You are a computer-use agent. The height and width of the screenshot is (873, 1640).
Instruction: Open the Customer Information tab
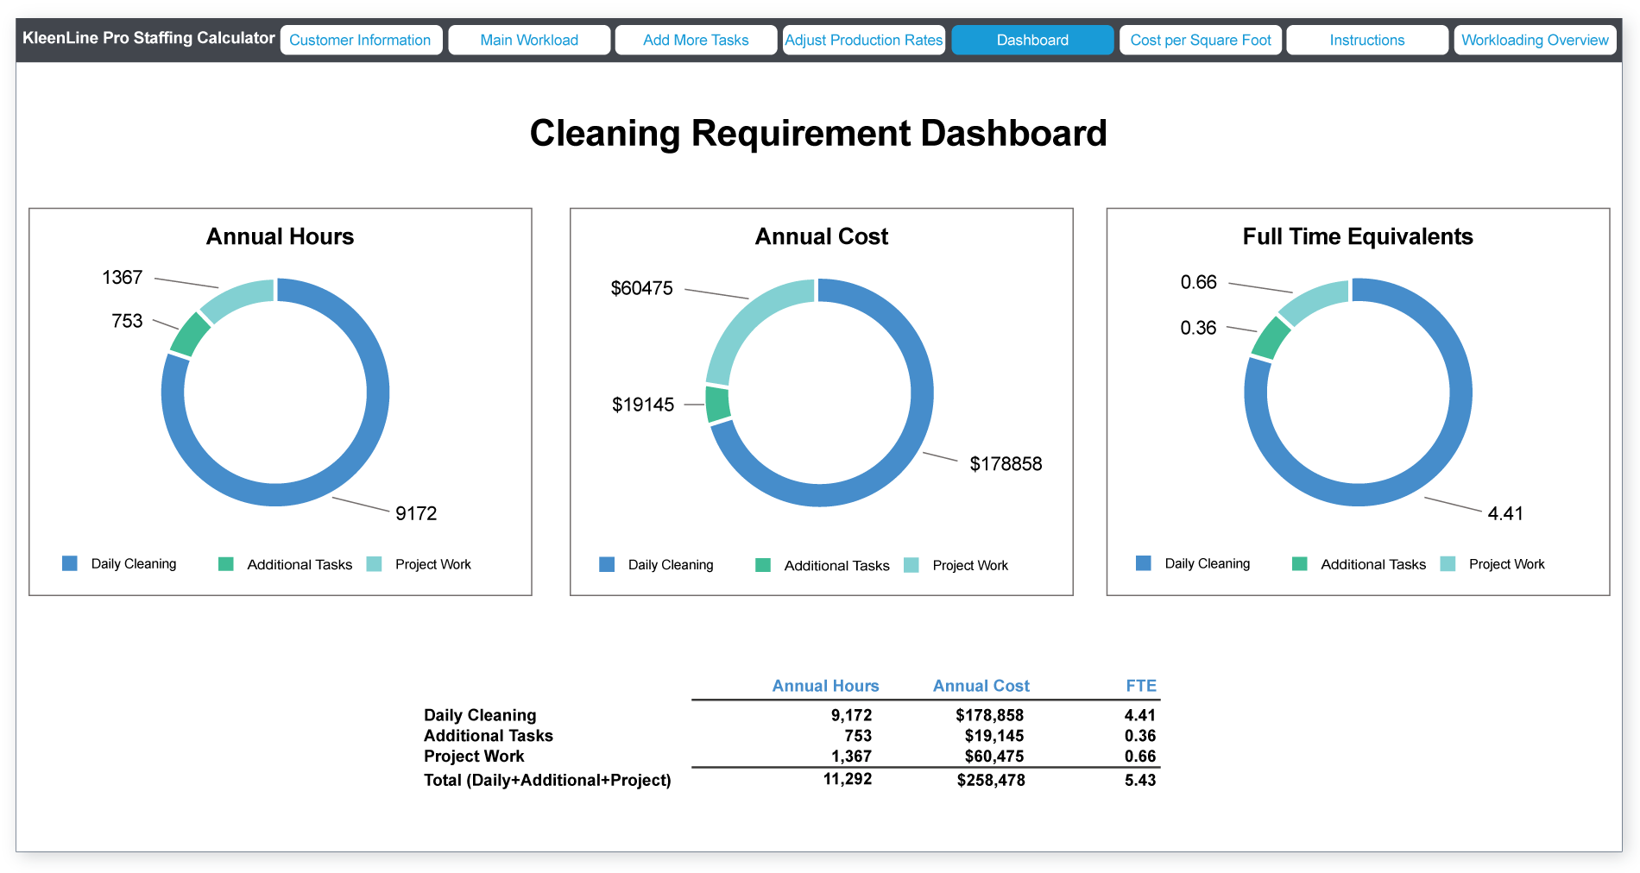tap(361, 40)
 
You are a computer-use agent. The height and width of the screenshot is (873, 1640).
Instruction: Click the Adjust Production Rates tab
tap(863, 40)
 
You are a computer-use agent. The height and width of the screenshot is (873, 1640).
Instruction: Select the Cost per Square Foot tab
tap(1200, 40)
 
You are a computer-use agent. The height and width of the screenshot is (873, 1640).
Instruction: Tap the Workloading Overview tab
tap(1534, 40)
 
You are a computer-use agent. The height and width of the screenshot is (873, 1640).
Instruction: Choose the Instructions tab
tap(1366, 40)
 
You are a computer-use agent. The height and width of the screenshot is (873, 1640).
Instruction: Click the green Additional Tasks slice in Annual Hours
tap(190, 335)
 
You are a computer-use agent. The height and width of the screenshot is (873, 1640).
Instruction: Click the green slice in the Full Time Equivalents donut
tap(1271, 338)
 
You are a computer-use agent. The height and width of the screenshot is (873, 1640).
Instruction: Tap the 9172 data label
tap(416, 513)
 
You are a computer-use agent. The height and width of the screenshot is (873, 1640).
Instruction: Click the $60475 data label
tap(641, 288)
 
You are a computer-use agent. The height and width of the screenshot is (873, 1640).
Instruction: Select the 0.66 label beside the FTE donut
tap(1198, 282)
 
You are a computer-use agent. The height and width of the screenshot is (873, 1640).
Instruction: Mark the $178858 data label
tap(1006, 464)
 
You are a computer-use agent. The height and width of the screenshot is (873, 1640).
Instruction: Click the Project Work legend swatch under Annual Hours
tap(374, 564)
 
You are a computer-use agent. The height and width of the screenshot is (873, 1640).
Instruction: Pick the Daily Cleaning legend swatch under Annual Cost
tap(607, 565)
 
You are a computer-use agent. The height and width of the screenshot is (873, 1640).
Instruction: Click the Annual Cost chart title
tap(821, 236)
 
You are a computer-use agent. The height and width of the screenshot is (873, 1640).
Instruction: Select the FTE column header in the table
tap(1140, 686)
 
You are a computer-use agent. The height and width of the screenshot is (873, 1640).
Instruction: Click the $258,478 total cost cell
tap(990, 780)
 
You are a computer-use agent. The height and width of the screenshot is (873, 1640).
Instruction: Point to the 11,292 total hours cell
tap(847, 779)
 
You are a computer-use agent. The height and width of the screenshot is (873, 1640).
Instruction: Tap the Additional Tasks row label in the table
tap(488, 736)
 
